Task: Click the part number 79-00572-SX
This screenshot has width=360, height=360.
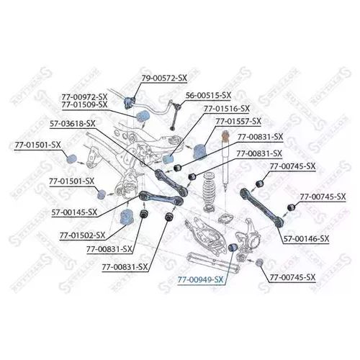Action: tap(163, 78)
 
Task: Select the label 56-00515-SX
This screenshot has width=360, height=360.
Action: tap(208, 95)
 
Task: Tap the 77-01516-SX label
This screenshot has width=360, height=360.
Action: tap(227, 109)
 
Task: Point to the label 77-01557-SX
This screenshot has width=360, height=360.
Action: tap(238, 122)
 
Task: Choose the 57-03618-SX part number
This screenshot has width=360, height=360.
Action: tap(73, 124)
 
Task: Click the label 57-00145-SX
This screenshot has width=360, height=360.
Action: tap(74, 212)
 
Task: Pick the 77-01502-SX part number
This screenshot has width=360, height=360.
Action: tap(82, 235)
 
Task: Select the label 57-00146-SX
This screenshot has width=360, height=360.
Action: tap(306, 239)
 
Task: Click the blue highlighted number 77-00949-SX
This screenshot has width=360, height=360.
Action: tap(200, 280)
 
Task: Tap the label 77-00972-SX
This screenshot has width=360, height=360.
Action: tap(84, 97)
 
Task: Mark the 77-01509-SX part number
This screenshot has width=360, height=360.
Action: tap(84, 104)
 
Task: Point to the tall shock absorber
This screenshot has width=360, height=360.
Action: tap(225, 161)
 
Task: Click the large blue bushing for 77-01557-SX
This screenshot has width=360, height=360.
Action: tap(200, 151)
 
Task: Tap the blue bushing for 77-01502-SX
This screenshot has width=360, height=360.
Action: tap(126, 216)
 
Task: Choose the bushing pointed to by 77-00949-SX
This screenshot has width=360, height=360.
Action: tap(233, 247)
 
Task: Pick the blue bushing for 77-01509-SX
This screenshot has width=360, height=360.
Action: tap(143, 116)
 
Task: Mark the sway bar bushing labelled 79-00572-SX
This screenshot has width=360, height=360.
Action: tap(129, 102)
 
